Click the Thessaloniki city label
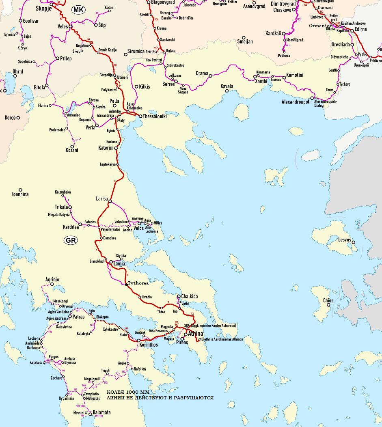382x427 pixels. coord(155,116)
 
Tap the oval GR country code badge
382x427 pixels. coord(71,240)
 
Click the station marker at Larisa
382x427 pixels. coord(110,201)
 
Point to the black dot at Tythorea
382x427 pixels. coord(126,285)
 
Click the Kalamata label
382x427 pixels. coord(101,412)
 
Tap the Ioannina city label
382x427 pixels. coord(20,194)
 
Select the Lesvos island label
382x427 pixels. coord(345,240)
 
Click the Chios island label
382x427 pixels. coord(328,301)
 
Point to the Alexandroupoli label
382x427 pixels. coord(296,102)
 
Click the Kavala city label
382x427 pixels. coord(227,86)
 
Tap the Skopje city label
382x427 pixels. coord(43,8)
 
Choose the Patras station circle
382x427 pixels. coord(70,317)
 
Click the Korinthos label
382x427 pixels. coord(149,345)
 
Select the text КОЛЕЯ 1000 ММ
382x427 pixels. coord(128,392)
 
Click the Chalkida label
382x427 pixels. coord(190,297)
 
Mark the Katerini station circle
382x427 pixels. coord(116,148)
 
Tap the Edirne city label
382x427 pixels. coord(360,29)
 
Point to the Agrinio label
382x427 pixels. coord(52,280)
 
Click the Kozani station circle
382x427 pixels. coord(73,147)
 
